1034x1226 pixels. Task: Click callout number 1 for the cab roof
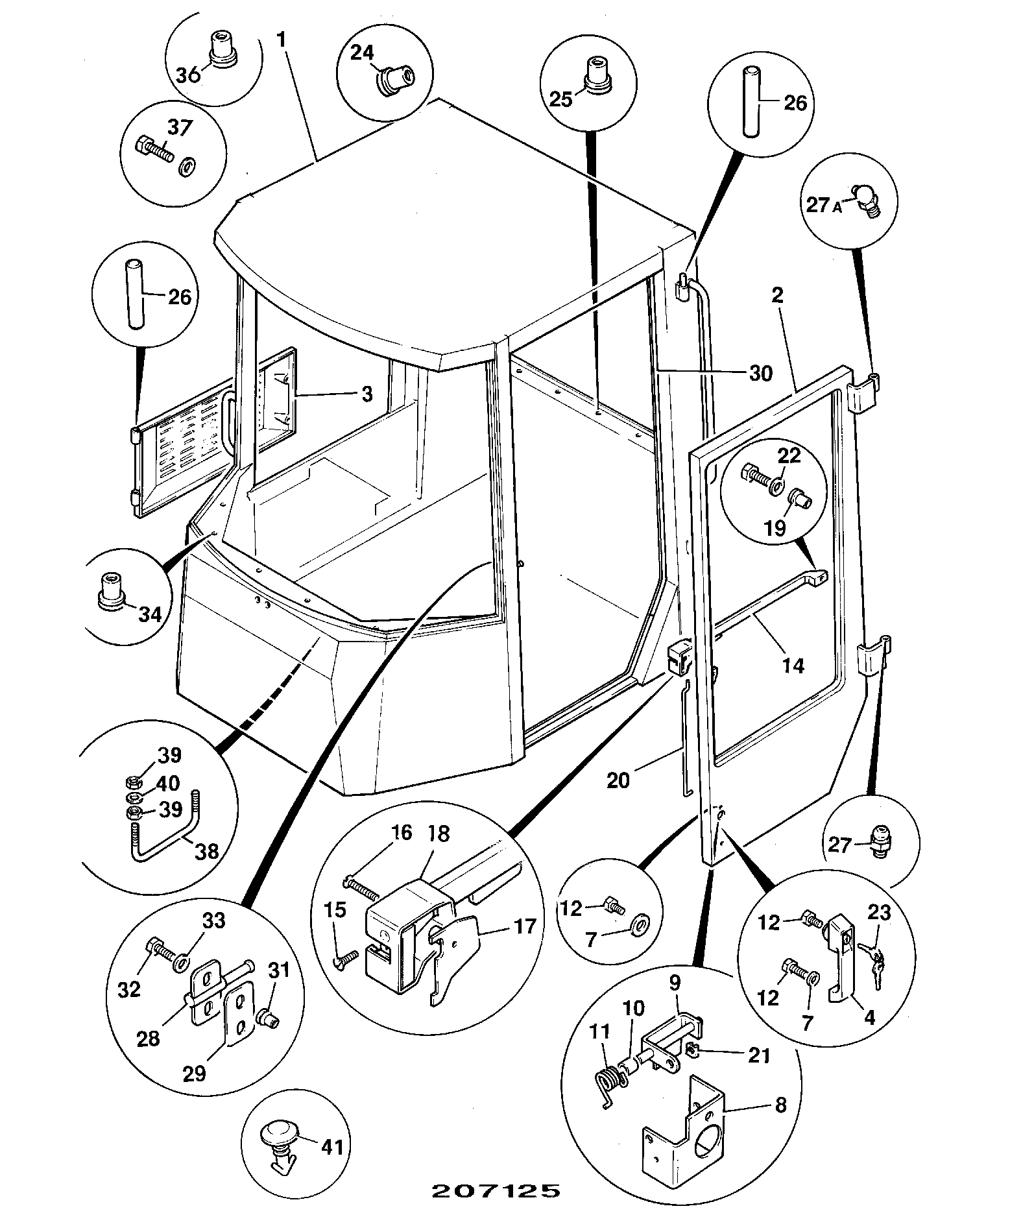point(281,39)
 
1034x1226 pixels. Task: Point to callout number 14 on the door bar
point(793,665)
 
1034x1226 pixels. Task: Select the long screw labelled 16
point(362,888)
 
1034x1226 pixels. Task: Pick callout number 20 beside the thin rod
point(618,779)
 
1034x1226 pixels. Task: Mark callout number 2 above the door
point(778,295)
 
